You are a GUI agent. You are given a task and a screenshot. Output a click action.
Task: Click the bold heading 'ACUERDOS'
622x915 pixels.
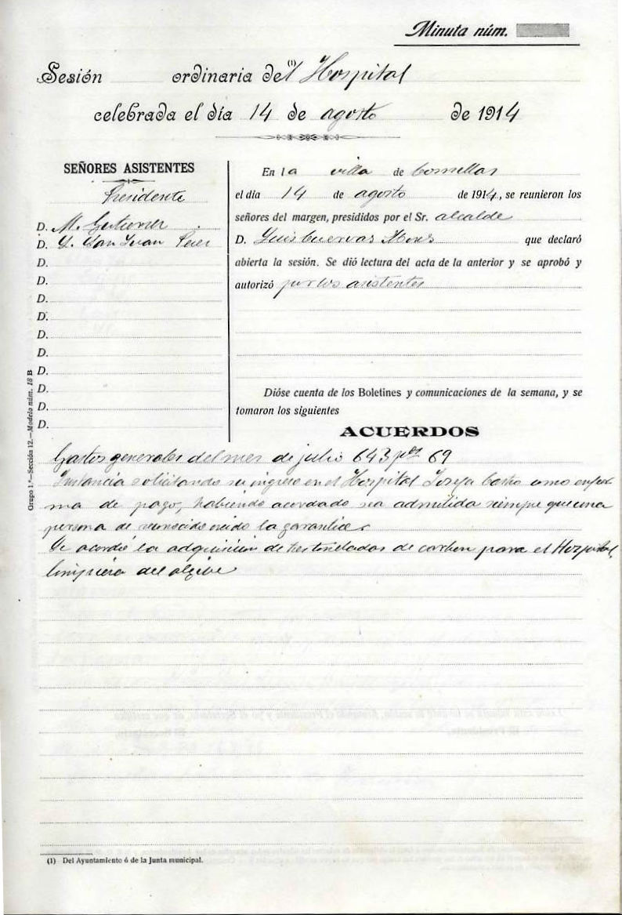410,430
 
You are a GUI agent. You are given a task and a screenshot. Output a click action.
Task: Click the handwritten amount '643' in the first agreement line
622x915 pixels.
374,458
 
